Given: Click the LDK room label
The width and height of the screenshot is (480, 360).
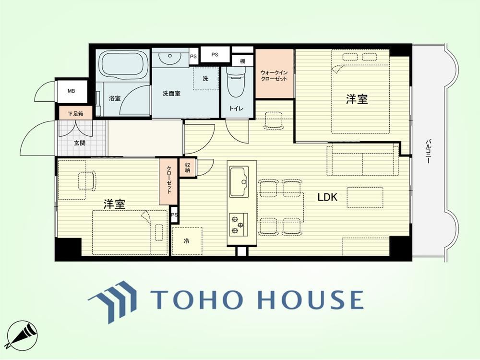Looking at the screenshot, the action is [x=327, y=197].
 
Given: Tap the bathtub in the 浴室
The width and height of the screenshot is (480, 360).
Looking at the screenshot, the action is [x=123, y=66].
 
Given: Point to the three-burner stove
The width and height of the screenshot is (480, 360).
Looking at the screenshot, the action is [x=238, y=224].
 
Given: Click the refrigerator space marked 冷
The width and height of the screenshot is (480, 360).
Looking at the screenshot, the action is [x=187, y=241].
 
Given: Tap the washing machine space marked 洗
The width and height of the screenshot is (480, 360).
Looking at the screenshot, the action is [x=206, y=79].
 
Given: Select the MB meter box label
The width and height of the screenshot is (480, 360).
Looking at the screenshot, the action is [x=72, y=91].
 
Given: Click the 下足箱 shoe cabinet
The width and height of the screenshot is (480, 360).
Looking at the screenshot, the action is [x=75, y=114].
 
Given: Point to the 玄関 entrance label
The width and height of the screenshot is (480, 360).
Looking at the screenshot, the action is [x=80, y=143].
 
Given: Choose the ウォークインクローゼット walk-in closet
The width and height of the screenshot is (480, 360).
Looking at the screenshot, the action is [x=274, y=74].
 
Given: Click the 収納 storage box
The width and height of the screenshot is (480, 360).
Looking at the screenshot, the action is [x=187, y=167].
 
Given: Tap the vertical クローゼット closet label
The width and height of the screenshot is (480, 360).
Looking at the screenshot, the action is [x=169, y=180].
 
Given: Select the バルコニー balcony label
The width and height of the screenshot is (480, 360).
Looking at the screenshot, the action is [x=429, y=151].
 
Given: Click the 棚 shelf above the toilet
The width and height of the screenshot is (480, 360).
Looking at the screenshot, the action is [x=242, y=61].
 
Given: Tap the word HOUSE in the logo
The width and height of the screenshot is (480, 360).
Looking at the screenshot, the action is [x=311, y=299].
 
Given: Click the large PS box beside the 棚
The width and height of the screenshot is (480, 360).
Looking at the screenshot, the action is [x=215, y=55].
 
